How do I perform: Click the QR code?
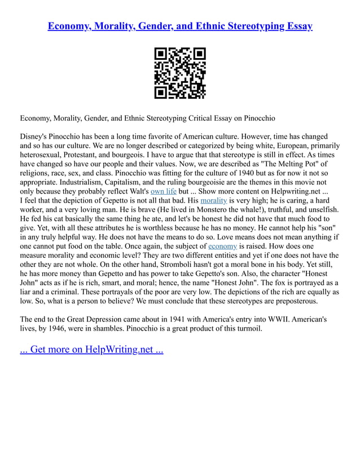click(180, 73)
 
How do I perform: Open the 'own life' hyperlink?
click(163, 190)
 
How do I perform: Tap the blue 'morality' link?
click(214, 200)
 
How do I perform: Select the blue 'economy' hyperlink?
click(222, 246)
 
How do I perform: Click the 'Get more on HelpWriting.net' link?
click(91, 349)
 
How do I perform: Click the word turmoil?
click(246, 329)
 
